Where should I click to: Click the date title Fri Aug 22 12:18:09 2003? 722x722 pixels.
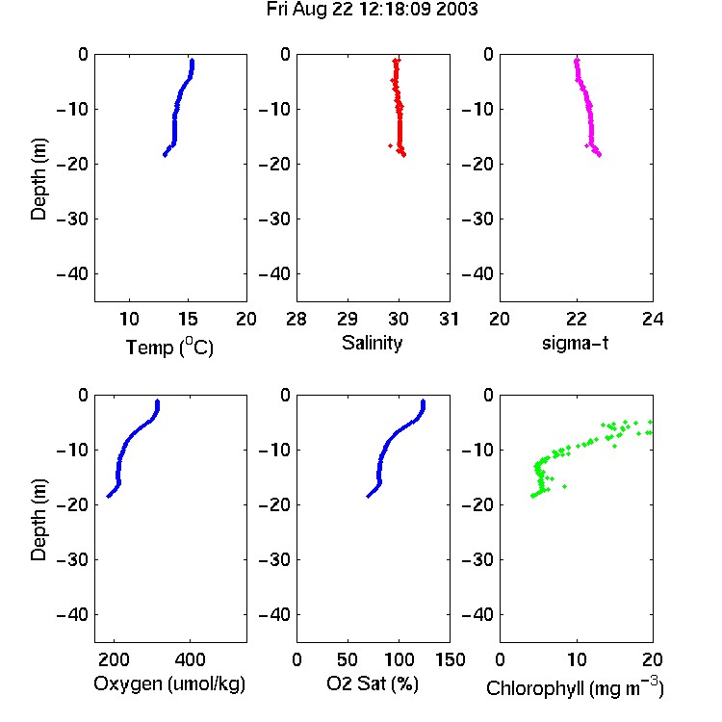tap(372, 10)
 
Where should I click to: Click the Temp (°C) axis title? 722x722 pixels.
tap(169, 347)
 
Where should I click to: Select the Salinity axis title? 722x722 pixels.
tap(372, 343)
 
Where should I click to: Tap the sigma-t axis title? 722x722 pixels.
tap(575, 343)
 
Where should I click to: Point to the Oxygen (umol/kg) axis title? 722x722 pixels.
tap(169, 683)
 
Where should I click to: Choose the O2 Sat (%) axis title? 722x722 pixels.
tap(373, 683)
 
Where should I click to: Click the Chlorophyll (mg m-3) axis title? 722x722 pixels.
tap(575, 687)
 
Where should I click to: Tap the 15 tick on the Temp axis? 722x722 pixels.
tap(188, 319)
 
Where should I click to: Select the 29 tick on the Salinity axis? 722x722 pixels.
tap(348, 319)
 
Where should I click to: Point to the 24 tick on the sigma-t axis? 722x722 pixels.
tap(653, 319)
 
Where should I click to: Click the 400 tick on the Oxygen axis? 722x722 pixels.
tap(190, 659)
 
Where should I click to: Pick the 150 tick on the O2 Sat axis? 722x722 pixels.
tap(450, 659)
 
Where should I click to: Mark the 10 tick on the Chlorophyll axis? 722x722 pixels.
tap(577, 659)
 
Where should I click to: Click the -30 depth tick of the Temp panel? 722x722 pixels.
tap(72, 219)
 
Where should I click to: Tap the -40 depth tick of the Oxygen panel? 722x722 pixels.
tap(72, 615)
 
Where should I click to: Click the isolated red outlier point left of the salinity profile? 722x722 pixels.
tap(391, 146)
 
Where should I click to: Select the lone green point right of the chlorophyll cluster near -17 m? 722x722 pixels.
tap(565, 486)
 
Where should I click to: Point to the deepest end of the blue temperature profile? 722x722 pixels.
tap(165, 155)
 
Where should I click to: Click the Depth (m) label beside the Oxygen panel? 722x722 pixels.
tap(39, 520)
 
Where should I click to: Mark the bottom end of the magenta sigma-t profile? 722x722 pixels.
tap(599, 155)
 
